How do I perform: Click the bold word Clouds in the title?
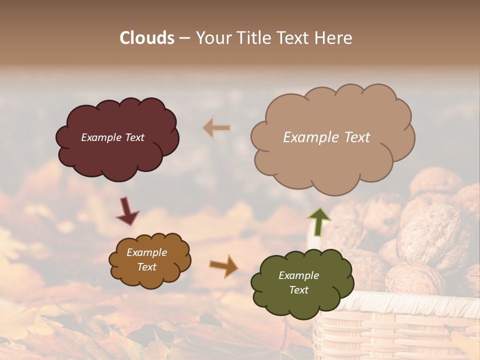(147, 38)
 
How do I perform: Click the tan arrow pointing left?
(216, 128)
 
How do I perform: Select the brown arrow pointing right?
(224, 265)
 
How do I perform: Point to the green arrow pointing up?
(318, 221)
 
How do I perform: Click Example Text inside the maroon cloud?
(112, 137)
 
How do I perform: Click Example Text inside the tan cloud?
(326, 137)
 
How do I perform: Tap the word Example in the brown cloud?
(146, 252)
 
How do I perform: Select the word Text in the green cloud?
(298, 290)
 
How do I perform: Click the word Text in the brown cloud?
(146, 267)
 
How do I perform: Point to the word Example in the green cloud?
(298, 275)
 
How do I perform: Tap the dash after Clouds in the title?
(184, 38)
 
